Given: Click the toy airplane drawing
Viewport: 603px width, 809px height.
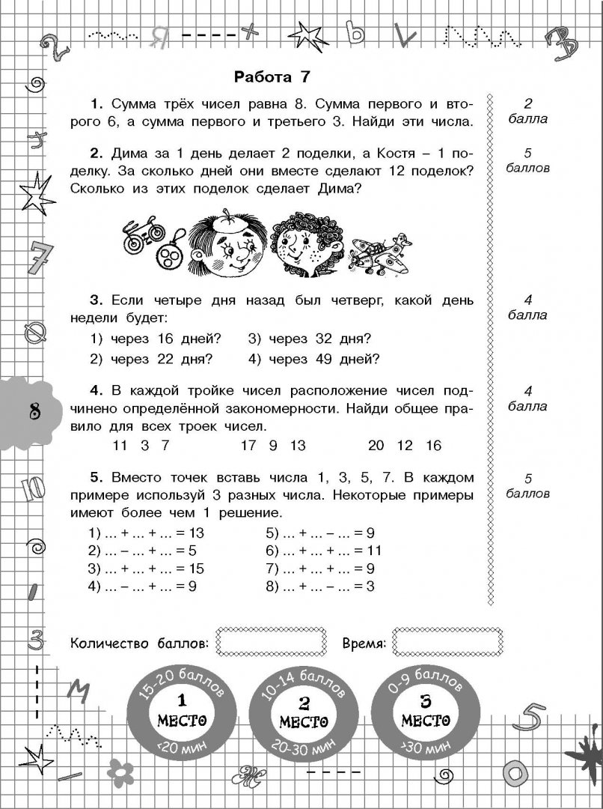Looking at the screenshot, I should [x=381, y=255].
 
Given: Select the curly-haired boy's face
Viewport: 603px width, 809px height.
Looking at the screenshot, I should [x=299, y=248].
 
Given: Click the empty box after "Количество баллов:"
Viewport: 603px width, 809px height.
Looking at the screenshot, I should [x=271, y=642].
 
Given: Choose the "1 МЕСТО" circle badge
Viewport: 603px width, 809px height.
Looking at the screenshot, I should [x=180, y=712].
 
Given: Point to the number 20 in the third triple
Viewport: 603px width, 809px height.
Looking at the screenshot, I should [x=376, y=446].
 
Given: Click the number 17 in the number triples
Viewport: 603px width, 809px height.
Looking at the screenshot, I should [x=249, y=446].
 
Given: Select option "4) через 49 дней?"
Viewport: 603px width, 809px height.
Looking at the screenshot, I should [x=314, y=359].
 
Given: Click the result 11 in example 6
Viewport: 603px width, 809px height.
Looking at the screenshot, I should [x=373, y=551].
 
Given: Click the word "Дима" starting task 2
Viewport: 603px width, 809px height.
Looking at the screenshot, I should [x=127, y=154].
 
